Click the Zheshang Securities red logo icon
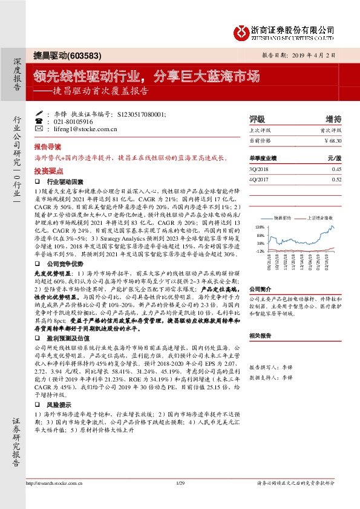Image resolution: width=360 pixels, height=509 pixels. point(241,31)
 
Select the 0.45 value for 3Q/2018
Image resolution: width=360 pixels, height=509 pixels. point(337,170)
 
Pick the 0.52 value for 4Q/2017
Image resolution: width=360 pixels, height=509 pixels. point(337,179)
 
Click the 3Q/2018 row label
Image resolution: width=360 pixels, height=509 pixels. point(258,170)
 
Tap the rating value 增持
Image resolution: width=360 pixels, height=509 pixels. point(333,119)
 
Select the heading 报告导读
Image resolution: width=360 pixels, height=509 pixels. point(47,147)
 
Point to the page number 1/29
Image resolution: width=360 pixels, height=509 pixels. point(180,499)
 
